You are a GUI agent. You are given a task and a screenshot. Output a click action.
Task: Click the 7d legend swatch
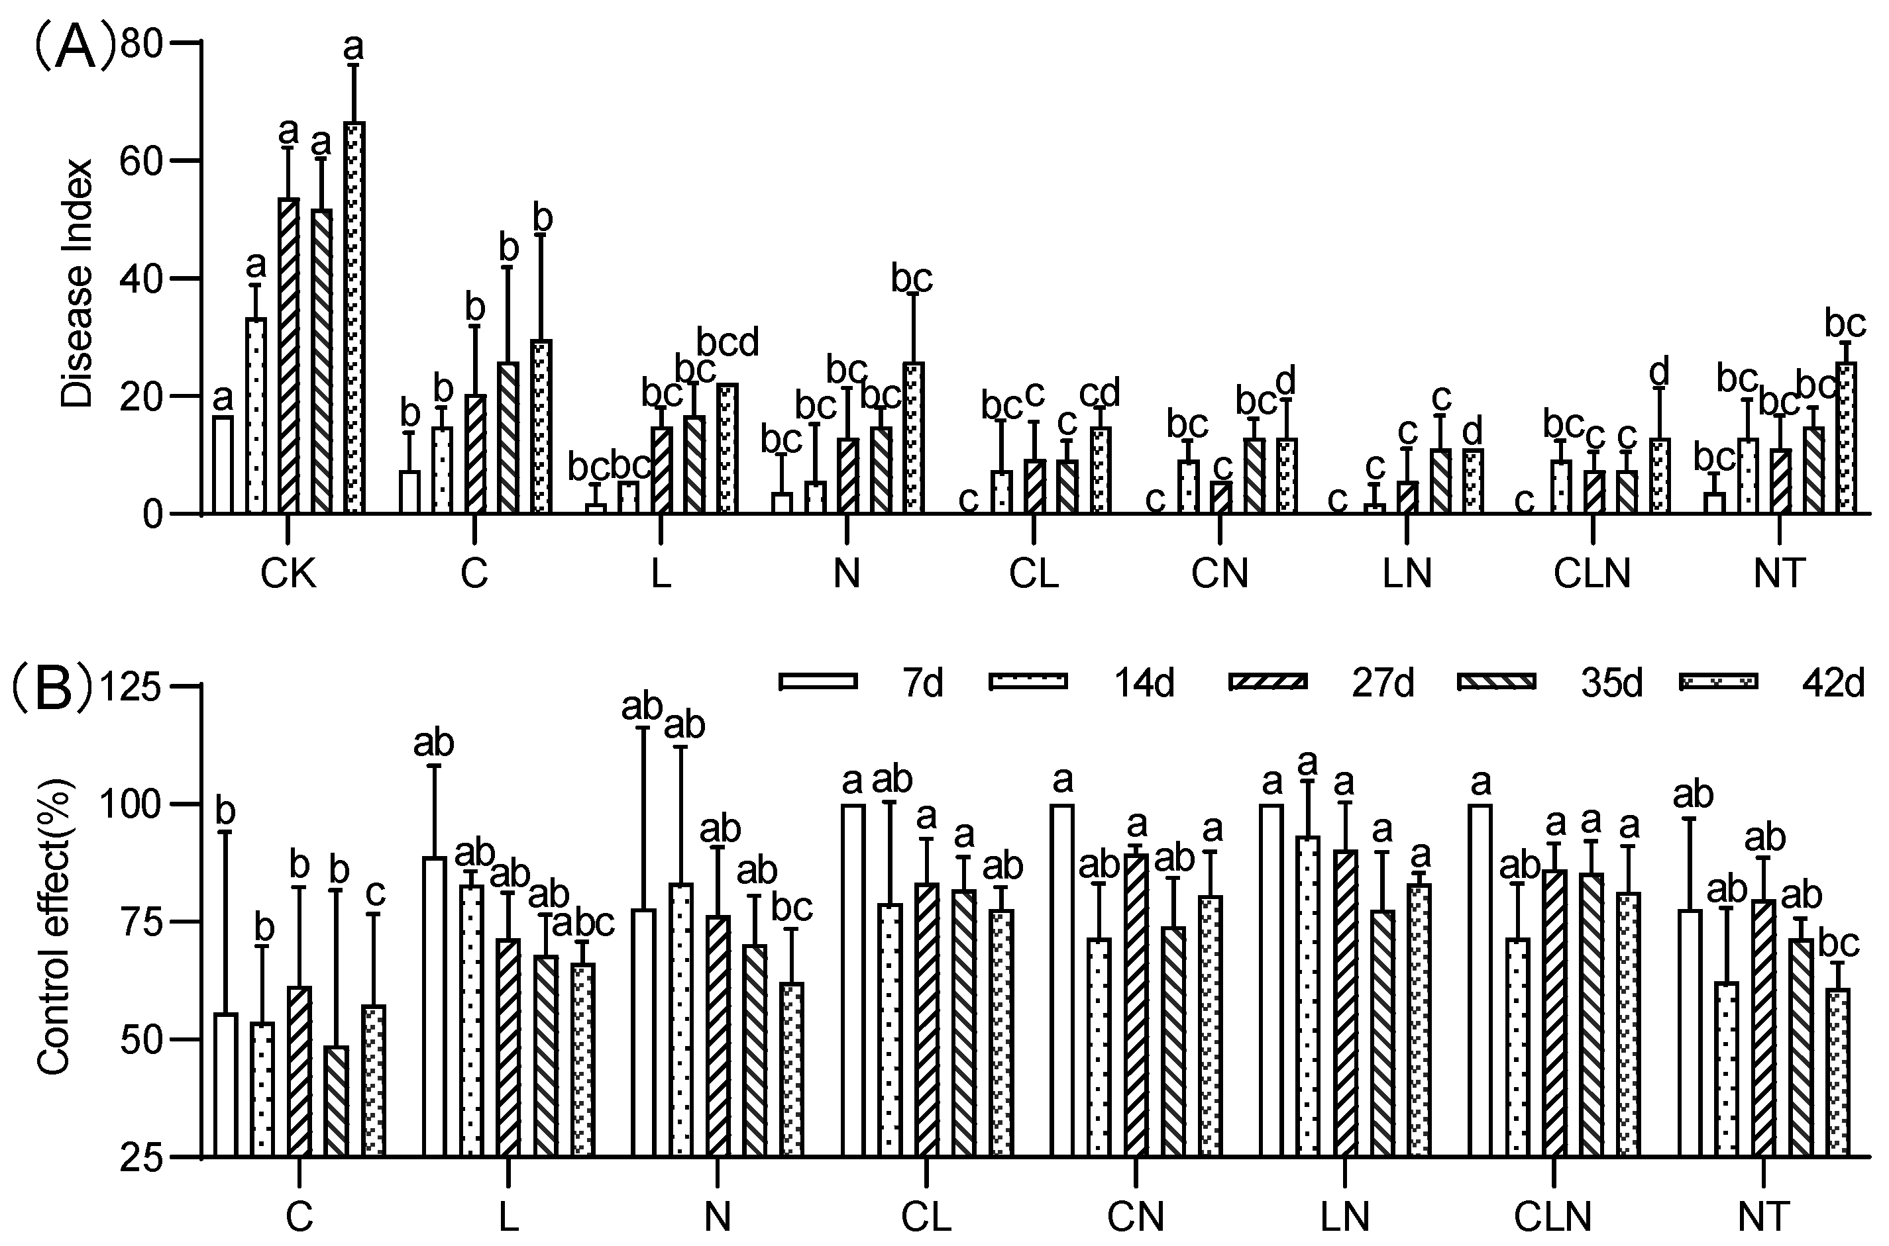click(x=818, y=681)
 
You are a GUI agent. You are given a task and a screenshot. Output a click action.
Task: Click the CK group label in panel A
click(x=288, y=573)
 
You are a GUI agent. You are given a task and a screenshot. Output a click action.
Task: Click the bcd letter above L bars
click(x=728, y=342)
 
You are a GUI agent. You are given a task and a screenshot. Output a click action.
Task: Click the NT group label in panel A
click(x=1779, y=573)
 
